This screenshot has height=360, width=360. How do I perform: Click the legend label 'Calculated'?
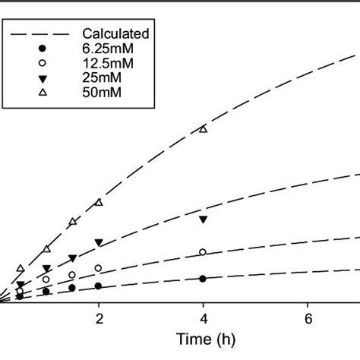click(116, 33)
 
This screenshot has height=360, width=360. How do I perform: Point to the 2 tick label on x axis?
click(99, 317)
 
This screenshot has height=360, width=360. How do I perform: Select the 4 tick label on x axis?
click(203, 317)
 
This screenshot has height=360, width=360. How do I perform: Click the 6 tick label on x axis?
click(308, 317)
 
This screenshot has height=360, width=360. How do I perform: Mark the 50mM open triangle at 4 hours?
click(203, 129)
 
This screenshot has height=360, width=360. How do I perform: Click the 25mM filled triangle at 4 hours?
click(203, 220)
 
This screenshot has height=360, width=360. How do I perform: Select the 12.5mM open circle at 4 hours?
click(203, 252)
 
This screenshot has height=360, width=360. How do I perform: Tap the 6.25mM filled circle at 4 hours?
click(203, 279)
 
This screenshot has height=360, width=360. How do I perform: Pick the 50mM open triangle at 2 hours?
click(99, 202)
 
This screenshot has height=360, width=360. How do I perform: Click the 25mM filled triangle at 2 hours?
click(99, 243)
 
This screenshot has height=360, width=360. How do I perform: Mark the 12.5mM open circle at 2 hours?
click(99, 268)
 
